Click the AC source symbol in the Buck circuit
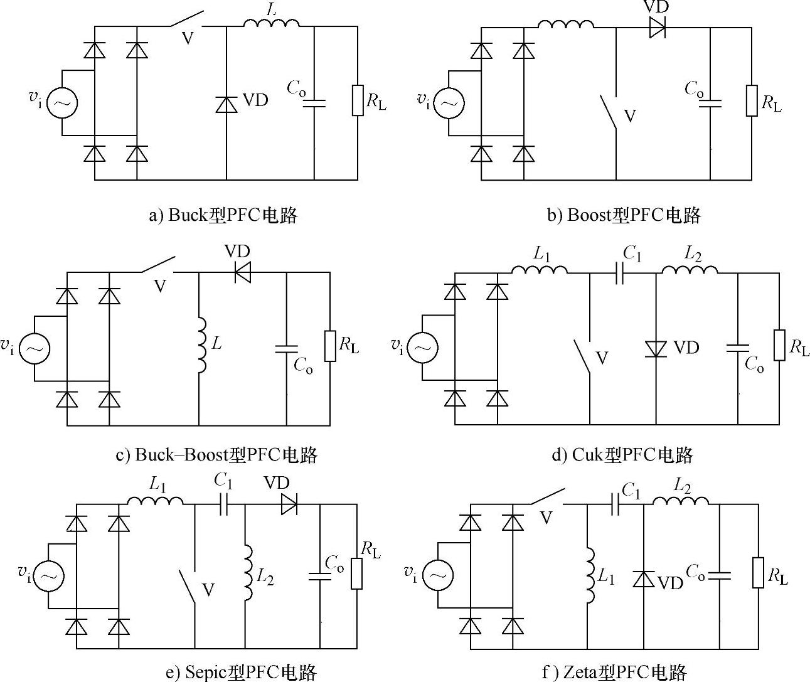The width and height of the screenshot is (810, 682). (x=62, y=103)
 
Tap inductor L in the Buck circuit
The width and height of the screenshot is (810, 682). (x=272, y=23)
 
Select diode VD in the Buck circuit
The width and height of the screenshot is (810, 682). (x=226, y=104)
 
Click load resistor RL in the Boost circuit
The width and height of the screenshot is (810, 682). (x=752, y=101)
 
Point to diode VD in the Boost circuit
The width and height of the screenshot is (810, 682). (x=657, y=28)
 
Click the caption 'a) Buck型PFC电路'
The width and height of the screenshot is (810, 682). (x=223, y=215)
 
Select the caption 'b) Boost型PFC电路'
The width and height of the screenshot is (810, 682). (x=624, y=215)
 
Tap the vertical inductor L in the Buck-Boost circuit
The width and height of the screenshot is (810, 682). (x=201, y=344)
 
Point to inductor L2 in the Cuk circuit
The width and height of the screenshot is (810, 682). (x=690, y=270)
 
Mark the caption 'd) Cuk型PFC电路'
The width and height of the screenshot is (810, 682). (x=621, y=454)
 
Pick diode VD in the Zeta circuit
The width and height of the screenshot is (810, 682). (x=644, y=578)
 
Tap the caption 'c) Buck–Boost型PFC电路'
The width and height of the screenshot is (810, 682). (x=216, y=454)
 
